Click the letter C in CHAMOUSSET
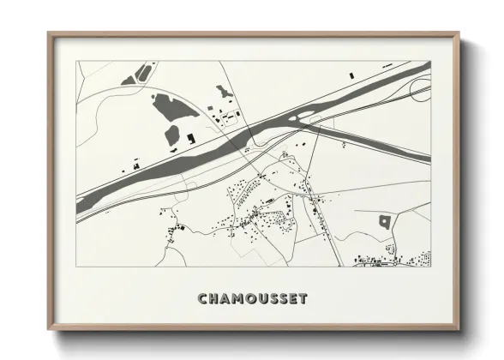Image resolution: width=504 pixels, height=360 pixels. coord(202,299)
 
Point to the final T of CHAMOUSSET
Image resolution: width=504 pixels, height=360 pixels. coord(303,299)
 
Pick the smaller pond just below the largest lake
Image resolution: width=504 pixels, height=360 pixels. coord(172,135)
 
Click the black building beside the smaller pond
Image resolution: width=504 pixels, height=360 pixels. coord(190,136)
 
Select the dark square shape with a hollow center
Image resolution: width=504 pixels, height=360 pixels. coord(385,221)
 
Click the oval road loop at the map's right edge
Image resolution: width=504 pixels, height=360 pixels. coord(420,89)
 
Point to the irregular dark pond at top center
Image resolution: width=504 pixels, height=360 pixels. coord(224,91)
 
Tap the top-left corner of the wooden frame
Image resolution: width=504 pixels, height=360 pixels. coord(49,34)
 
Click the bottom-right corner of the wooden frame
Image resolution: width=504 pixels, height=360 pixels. coord(459,329)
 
